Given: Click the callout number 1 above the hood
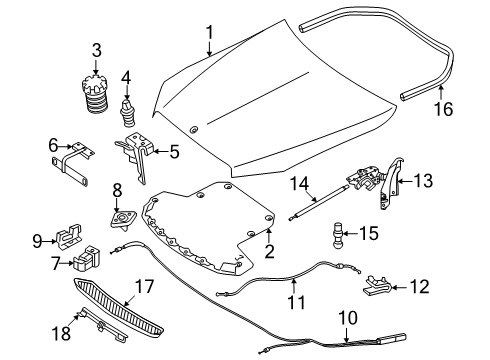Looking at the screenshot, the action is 210,32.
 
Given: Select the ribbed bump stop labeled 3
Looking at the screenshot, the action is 95,95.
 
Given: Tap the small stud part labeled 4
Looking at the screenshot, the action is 127,113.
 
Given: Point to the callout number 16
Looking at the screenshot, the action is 443,109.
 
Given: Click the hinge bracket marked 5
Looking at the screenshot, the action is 136,153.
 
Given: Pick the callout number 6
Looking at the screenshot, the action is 53,145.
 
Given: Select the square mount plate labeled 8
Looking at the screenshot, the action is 123,218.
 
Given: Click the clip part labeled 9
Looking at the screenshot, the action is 69,236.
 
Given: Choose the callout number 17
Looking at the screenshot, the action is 144,287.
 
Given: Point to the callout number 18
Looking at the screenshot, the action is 61,333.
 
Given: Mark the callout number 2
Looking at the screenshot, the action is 269,252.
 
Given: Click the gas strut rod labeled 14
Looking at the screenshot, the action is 318,203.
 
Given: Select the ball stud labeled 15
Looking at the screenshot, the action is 337,235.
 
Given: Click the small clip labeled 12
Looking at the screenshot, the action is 377,286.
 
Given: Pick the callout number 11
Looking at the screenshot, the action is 296,302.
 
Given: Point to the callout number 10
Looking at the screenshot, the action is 348,318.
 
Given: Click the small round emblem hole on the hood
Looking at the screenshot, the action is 193,130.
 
